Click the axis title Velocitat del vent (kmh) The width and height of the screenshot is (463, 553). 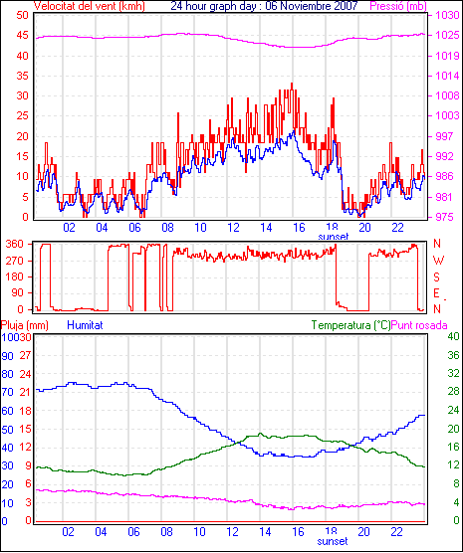pos(89,6)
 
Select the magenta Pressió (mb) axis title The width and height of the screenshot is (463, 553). pos(398,6)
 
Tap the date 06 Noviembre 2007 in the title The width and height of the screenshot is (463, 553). pos(312,6)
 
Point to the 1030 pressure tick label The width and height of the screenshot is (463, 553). pos(447,15)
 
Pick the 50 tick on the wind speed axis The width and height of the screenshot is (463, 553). pos(22,15)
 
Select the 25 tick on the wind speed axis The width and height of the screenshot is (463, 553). pos(22,115)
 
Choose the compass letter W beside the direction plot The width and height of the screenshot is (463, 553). pos(438,261)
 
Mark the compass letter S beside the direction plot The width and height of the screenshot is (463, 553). pos(436,277)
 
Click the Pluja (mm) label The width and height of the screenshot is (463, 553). pos(24,325)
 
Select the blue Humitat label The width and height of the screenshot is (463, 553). pos(85,325)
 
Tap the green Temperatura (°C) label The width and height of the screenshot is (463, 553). pos(351,325)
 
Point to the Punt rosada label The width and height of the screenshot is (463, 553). pos(419,325)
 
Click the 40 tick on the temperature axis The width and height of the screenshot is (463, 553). pos(453,337)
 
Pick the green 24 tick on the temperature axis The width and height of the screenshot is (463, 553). pos(453,410)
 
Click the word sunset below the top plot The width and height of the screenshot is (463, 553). pos(333,237)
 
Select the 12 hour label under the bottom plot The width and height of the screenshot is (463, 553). pos(233,531)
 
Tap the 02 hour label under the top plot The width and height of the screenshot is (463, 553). pos(70,228)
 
